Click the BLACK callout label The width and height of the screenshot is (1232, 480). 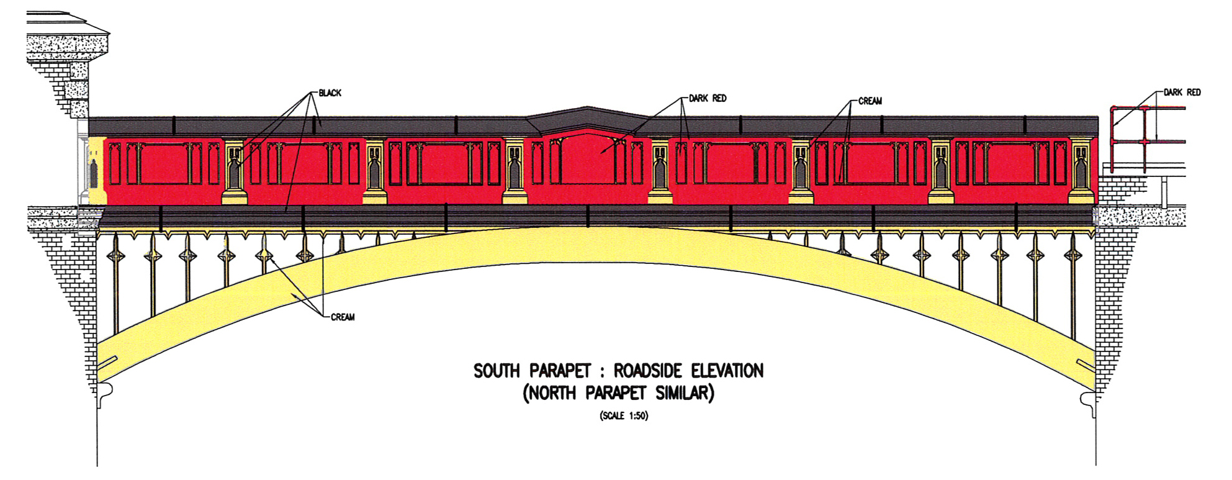click(330, 93)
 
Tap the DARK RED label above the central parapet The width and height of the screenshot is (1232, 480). click(708, 98)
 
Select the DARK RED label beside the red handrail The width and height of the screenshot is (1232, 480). click(1182, 93)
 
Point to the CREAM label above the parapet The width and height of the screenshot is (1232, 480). click(870, 101)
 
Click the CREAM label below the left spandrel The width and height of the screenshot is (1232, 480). click(343, 317)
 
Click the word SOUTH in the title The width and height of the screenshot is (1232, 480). click(497, 371)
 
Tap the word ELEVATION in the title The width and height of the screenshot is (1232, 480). click(727, 371)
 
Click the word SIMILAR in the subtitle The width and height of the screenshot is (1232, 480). click(684, 394)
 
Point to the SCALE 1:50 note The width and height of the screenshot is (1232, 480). click(624, 416)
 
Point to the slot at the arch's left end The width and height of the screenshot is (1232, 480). click(107, 362)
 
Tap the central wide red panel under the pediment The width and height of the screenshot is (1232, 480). click(587, 163)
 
